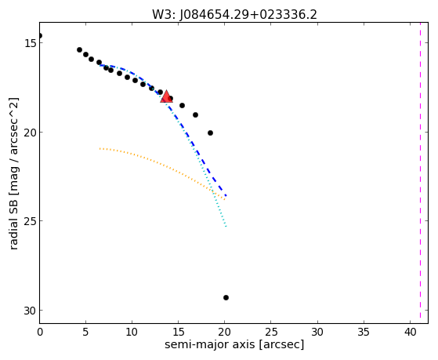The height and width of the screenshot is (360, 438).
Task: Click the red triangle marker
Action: (x=166, y=96)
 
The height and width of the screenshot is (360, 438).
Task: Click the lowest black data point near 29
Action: (x=226, y=297)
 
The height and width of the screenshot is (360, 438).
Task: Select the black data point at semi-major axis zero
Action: (x=40, y=35)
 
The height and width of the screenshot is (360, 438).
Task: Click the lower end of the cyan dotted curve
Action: (x=226, y=227)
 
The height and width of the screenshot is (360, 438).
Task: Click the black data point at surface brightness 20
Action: (x=210, y=133)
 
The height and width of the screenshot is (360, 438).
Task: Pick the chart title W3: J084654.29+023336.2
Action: (x=234, y=15)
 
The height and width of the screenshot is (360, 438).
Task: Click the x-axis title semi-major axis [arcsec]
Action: (x=234, y=344)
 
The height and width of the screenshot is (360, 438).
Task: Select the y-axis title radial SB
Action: (x=13, y=173)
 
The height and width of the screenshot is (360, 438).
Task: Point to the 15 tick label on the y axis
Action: (x=29, y=43)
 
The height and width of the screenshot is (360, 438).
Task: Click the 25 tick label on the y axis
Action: (x=29, y=221)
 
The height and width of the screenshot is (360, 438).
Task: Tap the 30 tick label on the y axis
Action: (x=29, y=311)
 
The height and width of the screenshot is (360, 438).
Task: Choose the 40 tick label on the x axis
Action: (x=410, y=332)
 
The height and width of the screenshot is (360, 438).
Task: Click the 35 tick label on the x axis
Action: (x=364, y=332)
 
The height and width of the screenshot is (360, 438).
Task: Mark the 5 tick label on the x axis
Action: (x=85, y=332)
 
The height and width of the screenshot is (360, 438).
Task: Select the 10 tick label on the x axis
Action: (x=132, y=332)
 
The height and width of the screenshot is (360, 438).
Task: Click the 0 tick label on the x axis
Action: (x=40, y=332)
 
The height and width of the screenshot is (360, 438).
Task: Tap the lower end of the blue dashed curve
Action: (x=226, y=196)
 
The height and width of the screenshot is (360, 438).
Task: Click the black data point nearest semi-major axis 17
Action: (x=196, y=115)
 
